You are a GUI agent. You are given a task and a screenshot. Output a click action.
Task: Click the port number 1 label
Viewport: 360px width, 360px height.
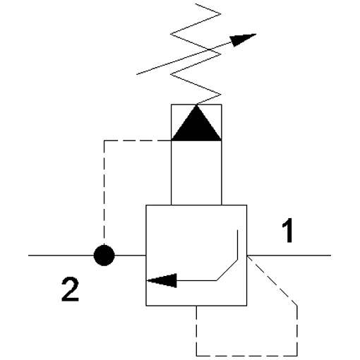287,230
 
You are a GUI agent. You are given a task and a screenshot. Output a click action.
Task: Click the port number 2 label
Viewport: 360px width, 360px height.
70,289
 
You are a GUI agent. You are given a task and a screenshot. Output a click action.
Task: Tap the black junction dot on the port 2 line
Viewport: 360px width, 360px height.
104,256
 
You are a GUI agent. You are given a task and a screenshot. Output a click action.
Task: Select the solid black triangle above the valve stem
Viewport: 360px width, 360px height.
196,124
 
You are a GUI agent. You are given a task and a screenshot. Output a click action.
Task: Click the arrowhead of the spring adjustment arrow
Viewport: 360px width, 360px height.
242,40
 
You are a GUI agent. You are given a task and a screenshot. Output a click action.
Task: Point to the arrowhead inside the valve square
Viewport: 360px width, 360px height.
162,280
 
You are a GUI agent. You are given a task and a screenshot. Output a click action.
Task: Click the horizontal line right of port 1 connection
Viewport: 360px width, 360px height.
289,255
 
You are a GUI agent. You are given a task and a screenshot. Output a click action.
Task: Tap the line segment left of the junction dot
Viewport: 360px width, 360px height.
61,256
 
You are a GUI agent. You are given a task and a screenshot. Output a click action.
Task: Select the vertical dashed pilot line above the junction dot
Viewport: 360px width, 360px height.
104,193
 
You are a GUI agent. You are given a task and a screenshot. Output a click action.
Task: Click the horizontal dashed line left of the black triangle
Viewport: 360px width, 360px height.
138,140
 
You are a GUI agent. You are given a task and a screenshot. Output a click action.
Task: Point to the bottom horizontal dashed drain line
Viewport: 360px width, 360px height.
246,356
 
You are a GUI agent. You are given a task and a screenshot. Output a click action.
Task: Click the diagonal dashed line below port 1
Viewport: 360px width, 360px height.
272,280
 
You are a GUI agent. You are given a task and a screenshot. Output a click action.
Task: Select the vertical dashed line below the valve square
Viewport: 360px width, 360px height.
196,331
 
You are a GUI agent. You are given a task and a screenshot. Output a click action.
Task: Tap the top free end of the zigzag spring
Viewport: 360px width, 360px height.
196,4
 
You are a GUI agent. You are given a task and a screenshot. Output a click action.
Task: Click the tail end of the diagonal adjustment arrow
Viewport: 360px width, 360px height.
137,74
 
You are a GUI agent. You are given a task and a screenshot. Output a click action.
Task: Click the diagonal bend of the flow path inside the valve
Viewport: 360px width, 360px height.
227,270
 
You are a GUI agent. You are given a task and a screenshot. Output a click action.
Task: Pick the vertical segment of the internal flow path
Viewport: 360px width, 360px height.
237,245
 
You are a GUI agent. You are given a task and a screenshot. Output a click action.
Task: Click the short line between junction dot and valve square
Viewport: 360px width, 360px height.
130,256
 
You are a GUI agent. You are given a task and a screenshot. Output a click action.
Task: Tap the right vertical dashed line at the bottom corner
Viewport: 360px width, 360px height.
297,331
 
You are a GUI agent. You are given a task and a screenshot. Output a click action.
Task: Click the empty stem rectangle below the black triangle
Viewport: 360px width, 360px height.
196,173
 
